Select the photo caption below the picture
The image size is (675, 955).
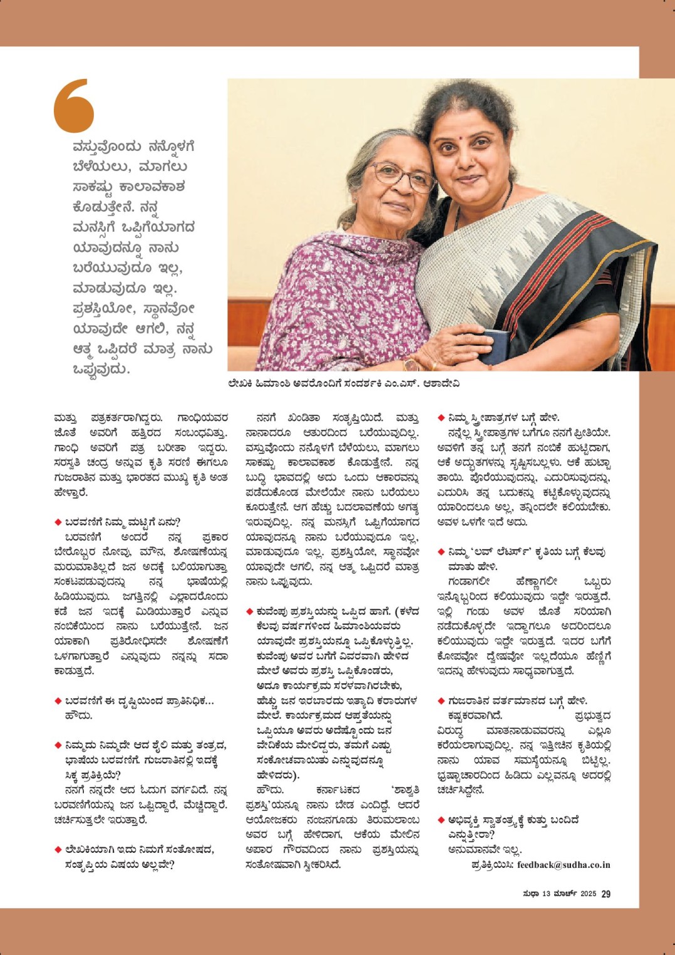(343, 383)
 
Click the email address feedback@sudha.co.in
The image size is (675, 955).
(563, 865)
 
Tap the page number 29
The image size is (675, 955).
(605, 894)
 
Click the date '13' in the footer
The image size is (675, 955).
(545, 894)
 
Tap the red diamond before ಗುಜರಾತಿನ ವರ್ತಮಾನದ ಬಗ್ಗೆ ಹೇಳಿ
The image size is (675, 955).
(441, 701)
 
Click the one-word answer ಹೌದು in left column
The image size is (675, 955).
(78, 715)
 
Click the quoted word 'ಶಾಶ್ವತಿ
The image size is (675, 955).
(404, 790)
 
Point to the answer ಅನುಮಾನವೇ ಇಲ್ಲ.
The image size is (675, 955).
(485, 850)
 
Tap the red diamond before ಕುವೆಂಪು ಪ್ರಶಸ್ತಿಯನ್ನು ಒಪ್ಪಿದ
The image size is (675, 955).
(249, 611)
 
